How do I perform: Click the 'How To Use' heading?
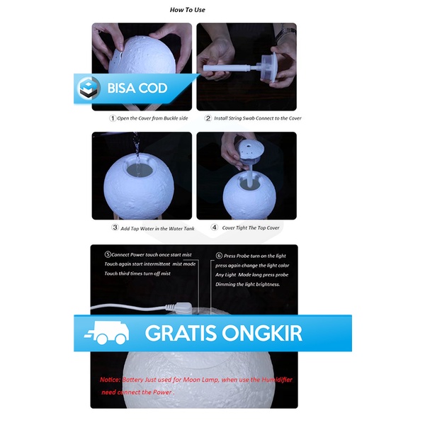pos(188,10)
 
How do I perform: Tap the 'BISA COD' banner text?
pos(137,89)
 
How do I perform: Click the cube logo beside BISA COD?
pos(89,89)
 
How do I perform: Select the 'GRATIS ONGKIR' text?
pos(223,333)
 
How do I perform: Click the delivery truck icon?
pos(106,333)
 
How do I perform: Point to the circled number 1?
pos(112,118)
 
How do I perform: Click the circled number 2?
pos(208,118)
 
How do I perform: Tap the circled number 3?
pos(115,228)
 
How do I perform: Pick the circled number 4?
pos(213,228)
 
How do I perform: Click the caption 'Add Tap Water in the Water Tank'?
pos(158,228)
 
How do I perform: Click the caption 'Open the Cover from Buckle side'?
pos(152,118)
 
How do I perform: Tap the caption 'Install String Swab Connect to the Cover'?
pos(258,118)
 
